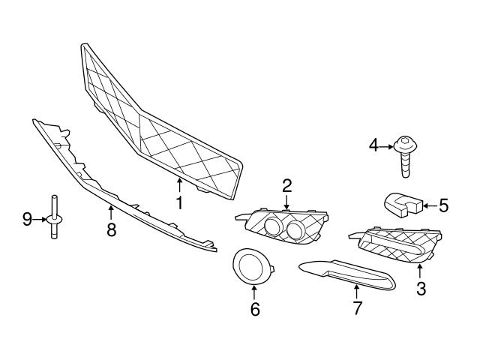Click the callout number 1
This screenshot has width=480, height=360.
pyautogui.click(x=178, y=202)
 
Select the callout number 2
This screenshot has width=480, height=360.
pyautogui.click(x=286, y=184)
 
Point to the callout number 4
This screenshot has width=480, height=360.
pyautogui.click(x=374, y=145)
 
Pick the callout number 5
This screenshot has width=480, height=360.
pyautogui.click(x=443, y=204)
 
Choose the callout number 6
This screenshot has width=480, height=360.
pyautogui.click(x=254, y=308)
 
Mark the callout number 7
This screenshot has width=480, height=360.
pyautogui.click(x=357, y=308)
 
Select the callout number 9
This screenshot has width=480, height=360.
pyautogui.click(x=27, y=219)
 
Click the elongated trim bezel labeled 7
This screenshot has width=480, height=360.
pyautogui.click(x=345, y=274)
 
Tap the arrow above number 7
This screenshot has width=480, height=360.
pyautogui.click(x=357, y=292)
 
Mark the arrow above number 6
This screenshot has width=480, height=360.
pyautogui.click(x=254, y=291)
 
